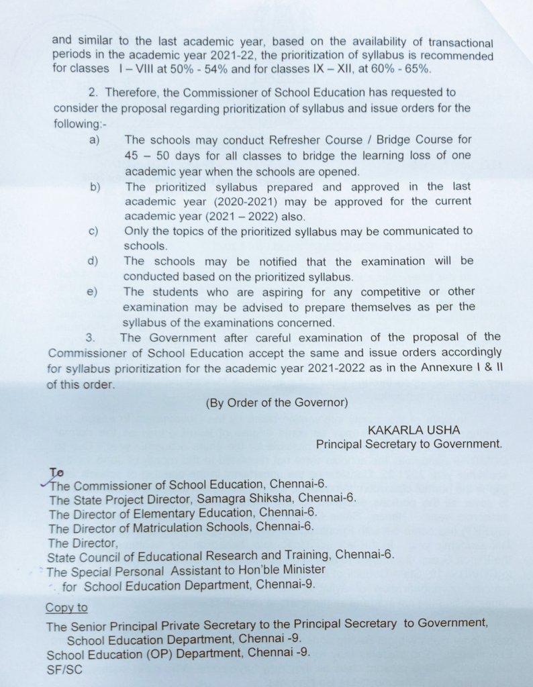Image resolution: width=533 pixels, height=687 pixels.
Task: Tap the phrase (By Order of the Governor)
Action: (277, 403)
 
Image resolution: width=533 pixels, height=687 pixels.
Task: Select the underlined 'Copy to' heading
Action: (66, 607)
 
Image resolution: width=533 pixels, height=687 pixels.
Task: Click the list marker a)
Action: (95, 140)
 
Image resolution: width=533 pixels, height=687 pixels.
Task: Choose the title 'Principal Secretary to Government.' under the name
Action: (408, 443)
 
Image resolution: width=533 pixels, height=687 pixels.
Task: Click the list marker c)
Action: (94, 231)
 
